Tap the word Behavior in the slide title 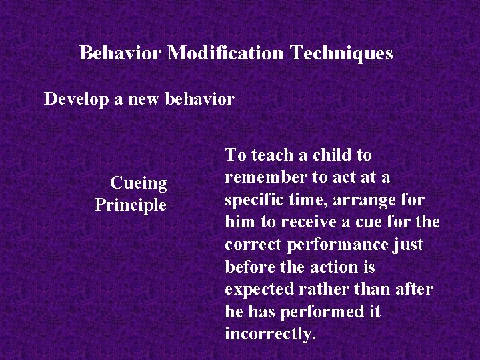pyautogui.click(x=120, y=53)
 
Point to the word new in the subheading pyautogui.click(x=139, y=100)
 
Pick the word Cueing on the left pyautogui.click(x=139, y=183)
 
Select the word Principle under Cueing pyautogui.click(x=131, y=205)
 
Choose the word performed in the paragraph pyautogui.click(x=317, y=312)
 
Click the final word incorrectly pyautogui.click(x=270, y=334)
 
